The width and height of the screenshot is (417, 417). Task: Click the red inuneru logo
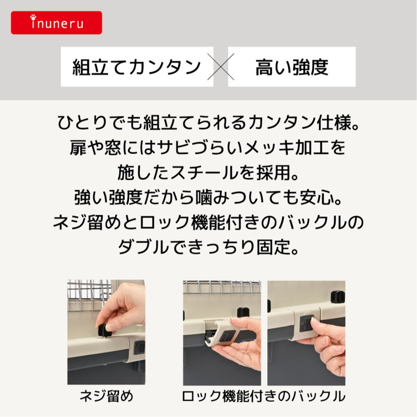(56, 22)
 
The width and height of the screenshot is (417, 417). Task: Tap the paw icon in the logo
(33, 17)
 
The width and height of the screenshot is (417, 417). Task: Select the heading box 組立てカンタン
(137, 67)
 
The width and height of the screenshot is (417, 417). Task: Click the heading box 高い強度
(292, 67)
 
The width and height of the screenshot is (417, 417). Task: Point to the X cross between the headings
(220, 67)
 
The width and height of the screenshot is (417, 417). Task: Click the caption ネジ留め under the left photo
(106, 396)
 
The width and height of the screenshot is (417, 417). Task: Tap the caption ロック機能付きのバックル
(264, 396)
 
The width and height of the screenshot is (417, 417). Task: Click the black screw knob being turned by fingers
(104, 330)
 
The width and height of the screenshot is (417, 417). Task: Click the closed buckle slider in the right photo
(306, 323)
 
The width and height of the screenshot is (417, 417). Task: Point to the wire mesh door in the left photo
(89, 295)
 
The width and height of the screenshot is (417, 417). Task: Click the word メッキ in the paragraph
(269, 148)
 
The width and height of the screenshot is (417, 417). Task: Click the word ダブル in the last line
(144, 247)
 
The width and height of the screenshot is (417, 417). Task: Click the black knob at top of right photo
(338, 297)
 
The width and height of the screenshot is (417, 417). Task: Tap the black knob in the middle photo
(243, 312)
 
